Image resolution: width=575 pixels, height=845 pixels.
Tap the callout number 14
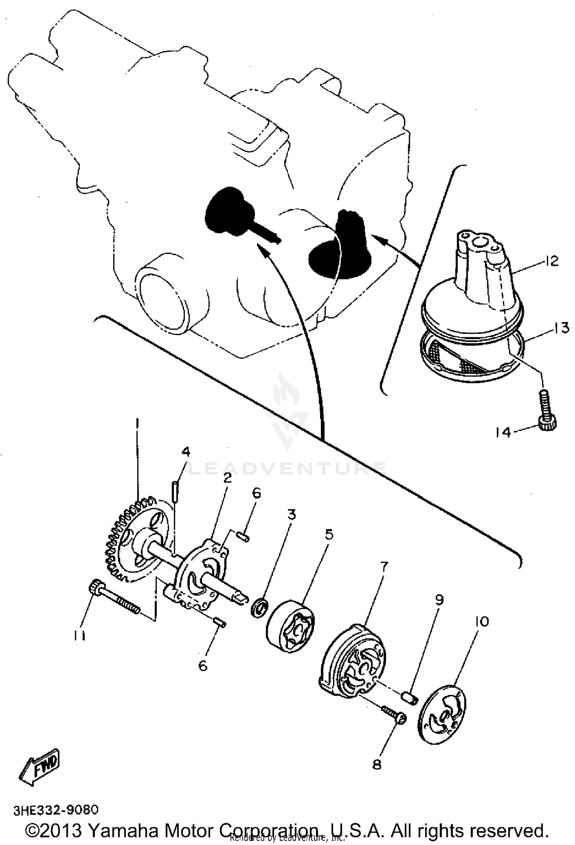(x=503, y=432)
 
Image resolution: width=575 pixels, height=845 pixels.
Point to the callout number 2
(x=228, y=478)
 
